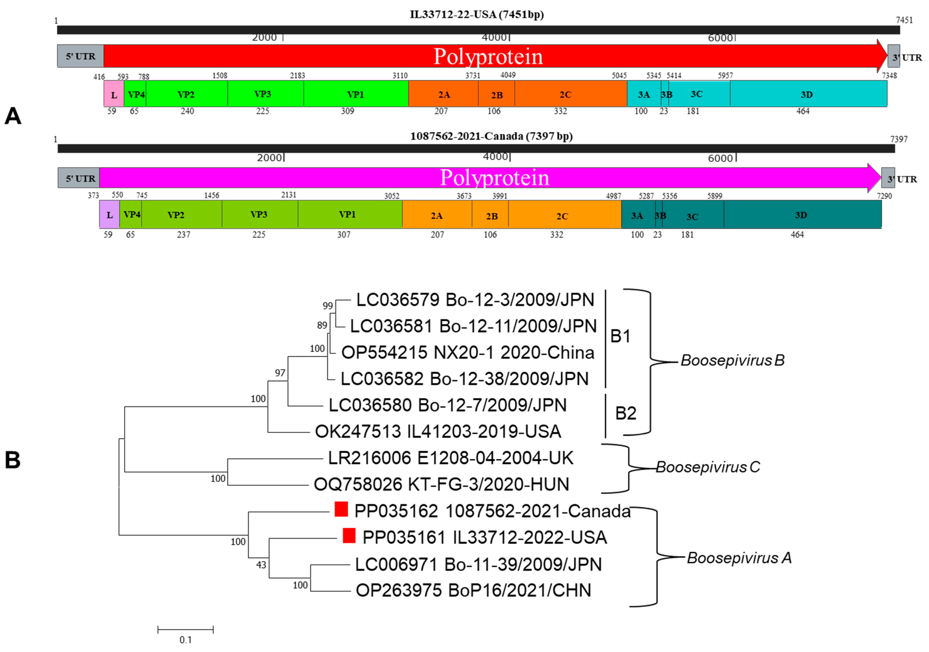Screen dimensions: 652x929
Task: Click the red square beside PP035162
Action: pos(341,509)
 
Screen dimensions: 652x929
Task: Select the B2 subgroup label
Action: pos(625,413)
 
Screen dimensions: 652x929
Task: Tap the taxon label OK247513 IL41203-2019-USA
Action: pos(438,432)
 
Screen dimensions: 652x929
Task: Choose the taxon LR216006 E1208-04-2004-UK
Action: pos(450,458)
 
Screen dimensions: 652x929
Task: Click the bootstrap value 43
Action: pos(261,565)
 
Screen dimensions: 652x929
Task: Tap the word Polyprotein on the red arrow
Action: pos(488,56)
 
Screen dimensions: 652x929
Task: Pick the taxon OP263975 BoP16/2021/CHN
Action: pos(473,591)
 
